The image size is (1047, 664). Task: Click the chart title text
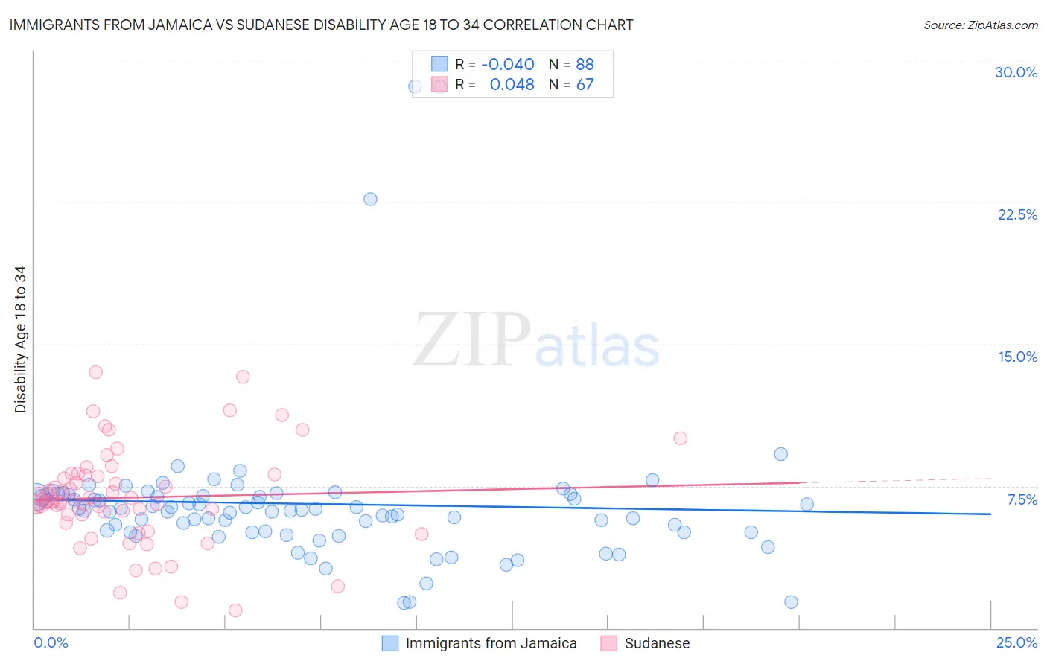pyautogui.click(x=321, y=25)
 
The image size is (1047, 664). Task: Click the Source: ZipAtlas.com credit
pyautogui.click(x=980, y=25)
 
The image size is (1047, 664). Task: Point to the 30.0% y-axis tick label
pyautogui.click(x=1016, y=72)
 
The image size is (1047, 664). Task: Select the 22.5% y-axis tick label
pyautogui.click(x=1017, y=214)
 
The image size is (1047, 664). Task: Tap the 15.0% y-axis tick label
pyautogui.click(x=1017, y=357)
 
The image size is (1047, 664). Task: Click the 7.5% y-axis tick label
pyautogui.click(x=1022, y=499)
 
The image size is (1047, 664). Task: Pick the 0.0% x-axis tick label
pyautogui.click(x=51, y=642)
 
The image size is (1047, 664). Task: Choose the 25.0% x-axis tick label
pyautogui.click(x=1016, y=642)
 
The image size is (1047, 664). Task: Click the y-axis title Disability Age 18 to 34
pyautogui.click(x=20, y=339)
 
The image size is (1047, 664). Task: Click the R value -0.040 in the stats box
pyautogui.click(x=508, y=65)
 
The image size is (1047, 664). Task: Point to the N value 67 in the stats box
pyautogui.click(x=585, y=85)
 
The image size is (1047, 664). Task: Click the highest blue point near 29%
pyautogui.click(x=415, y=86)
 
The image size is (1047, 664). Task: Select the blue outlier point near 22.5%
pyautogui.click(x=370, y=199)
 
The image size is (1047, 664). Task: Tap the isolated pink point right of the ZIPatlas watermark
pyautogui.click(x=680, y=438)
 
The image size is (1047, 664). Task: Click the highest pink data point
pyautogui.click(x=95, y=372)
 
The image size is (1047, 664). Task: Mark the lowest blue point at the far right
pyautogui.click(x=791, y=602)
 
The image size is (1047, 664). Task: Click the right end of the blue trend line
pyautogui.click(x=990, y=514)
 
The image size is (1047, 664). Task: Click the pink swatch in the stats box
pyautogui.click(x=440, y=85)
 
